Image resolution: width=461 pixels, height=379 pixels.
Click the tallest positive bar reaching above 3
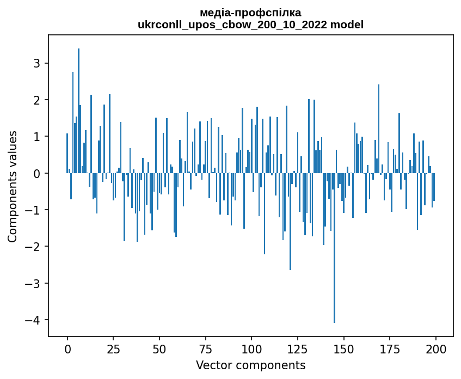pos(78,109)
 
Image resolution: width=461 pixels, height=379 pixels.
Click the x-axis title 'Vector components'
pos(250,365)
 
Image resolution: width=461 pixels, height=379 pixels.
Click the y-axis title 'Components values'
pos(13,186)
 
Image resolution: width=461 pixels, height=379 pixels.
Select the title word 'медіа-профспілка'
pos(251,13)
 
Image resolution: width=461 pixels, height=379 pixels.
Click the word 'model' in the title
pos(347,25)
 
